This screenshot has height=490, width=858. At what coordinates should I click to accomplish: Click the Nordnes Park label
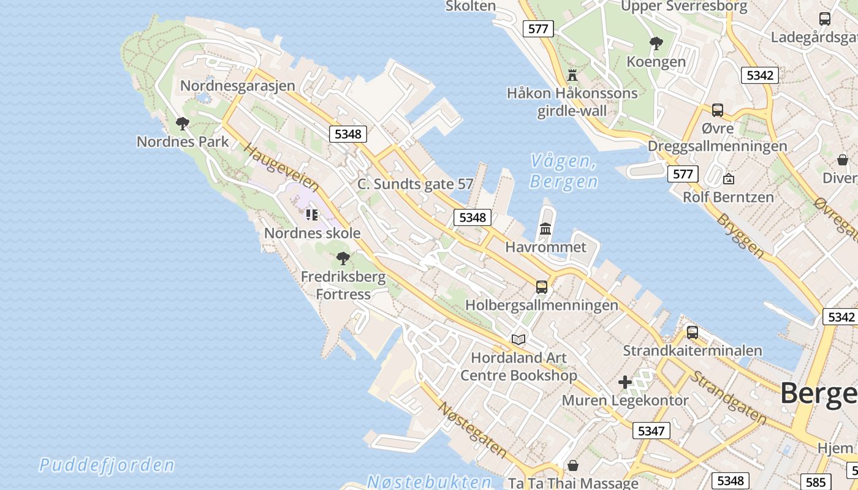(x=183, y=141)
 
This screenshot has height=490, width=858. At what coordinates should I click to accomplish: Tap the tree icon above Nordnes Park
(x=182, y=124)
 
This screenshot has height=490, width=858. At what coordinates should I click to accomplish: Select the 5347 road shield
(x=651, y=431)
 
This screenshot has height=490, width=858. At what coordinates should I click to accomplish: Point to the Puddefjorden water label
(x=107, y=465)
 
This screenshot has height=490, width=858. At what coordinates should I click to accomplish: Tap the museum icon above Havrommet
(x=545, y=229)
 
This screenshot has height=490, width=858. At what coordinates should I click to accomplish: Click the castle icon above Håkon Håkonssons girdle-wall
(x=572, y=75)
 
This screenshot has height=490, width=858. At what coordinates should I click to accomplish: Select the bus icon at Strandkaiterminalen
(x=692, y=333)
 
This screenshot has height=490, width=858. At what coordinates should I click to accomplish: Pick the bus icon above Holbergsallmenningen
(x=541, y=287)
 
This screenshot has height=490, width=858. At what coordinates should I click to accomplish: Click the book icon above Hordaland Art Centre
(x=518, y=339)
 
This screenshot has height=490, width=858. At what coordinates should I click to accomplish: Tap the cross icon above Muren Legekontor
(x=625, y=383)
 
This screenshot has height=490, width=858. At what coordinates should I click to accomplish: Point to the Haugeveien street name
(x=281, y=167)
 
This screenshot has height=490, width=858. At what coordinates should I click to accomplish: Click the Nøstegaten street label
(x=472, y=430)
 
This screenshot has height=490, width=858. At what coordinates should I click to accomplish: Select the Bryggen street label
(x=741, y=235)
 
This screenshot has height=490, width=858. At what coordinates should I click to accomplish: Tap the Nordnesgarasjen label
(x=238, y=86)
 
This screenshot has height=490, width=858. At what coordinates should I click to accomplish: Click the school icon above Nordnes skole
(x=312, y=215)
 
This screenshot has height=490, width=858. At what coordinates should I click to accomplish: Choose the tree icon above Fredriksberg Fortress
(x=343, y=258)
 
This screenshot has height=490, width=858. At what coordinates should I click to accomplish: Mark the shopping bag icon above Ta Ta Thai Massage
(x=572, y=466)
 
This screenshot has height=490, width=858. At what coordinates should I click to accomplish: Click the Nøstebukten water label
(x=429, y=481)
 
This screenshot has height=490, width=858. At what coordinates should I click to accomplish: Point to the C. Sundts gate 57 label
(x=416, y=184)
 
